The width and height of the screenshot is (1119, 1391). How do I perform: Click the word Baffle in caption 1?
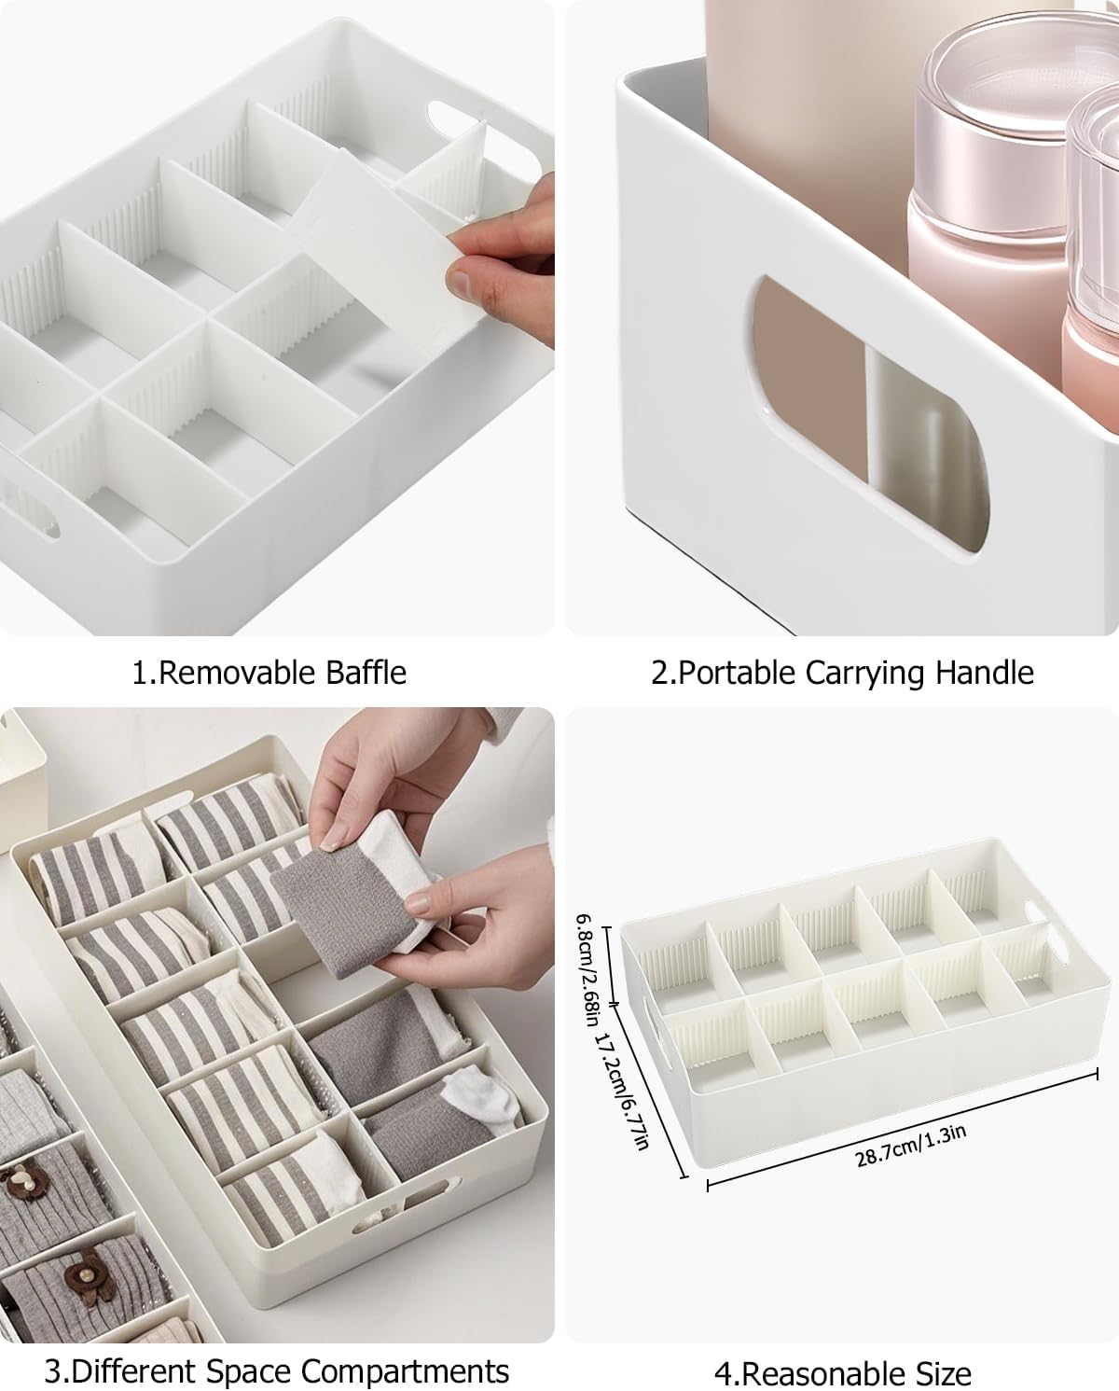click(366, 673)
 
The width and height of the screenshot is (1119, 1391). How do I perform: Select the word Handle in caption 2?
click(985, 673)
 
